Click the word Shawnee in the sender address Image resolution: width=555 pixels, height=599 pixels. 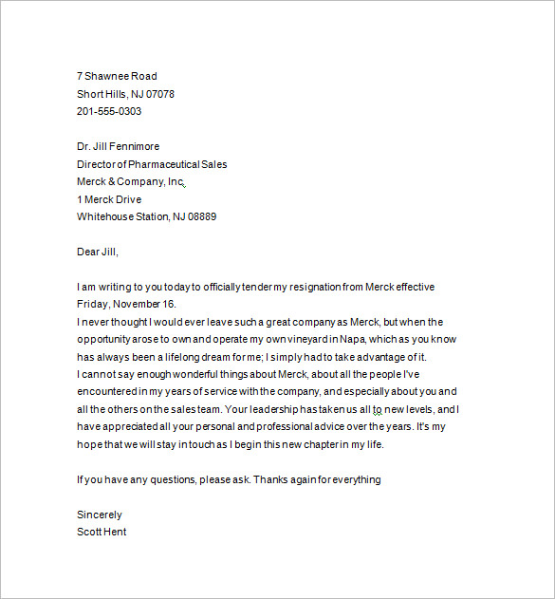pos(107,76)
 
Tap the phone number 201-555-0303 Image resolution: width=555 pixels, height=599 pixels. pos(109,111)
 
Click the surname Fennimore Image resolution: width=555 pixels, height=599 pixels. pos(135,146)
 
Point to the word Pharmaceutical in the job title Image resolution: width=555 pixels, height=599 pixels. pos(166,164)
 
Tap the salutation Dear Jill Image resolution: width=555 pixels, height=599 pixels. pos(98,252)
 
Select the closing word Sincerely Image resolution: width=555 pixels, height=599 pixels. pos(100,515)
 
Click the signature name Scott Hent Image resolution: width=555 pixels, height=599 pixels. pos(102,532)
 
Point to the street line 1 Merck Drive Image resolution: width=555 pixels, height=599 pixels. pos(108,199)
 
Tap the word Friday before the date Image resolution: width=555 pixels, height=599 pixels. pos(92,305)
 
